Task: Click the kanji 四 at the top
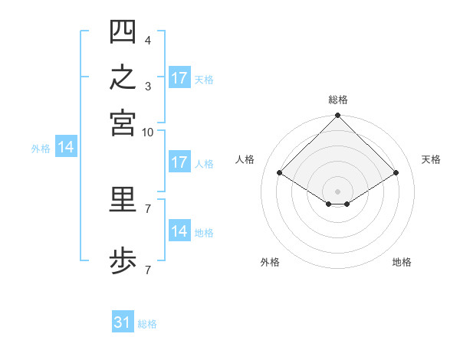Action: tap(123, 31)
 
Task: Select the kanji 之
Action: tap(123, 77)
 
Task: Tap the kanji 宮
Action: tap(123, 123)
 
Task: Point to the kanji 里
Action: tap(123, 199)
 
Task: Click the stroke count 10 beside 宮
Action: tap(147, 133)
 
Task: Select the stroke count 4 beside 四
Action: tap(148, 41)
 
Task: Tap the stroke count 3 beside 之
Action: tap(148, 87)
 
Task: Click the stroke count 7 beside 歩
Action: tap(148, 270)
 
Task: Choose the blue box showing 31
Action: tap(123, 321)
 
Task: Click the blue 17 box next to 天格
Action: tap(180, 77)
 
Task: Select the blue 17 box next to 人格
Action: tap(180, 162)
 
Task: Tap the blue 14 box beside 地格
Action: tap(180, 230)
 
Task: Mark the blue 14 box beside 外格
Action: tap(66, 146)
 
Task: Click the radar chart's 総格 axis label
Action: tap(338, 100)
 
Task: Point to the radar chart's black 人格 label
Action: tap(245, 159)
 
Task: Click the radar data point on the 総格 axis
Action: tap(337, 115)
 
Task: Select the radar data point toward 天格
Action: tap(396, 172)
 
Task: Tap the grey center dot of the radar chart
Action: tap(337, 191)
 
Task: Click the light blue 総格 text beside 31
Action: tap(147, 324)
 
